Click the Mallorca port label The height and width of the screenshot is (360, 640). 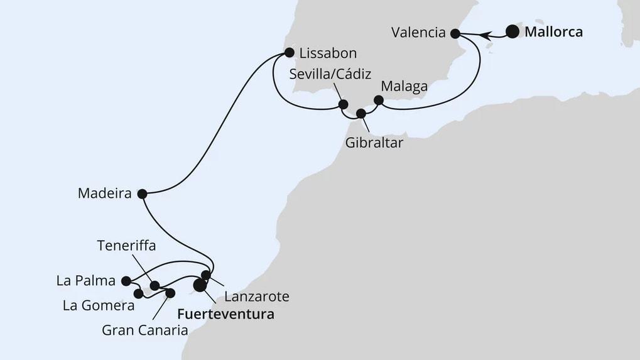pos(553,31)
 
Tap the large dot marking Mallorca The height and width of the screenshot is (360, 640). pos(513,31)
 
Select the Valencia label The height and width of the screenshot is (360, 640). pos(418,33)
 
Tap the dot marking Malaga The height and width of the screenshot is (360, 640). pos(378,100)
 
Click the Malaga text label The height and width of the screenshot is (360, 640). pos(405,86)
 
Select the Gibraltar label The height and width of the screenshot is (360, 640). pos(374,143)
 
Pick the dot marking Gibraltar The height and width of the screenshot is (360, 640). pos(361,114)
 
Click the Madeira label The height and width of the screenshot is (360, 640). pos(104,194)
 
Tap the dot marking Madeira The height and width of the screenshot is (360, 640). pos(142,194)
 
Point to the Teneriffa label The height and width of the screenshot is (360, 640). pos(126,245)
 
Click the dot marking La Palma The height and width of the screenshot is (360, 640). pos(126,281)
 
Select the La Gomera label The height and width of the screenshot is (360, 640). pos(98,306)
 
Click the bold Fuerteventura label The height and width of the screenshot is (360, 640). pos(226,314)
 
